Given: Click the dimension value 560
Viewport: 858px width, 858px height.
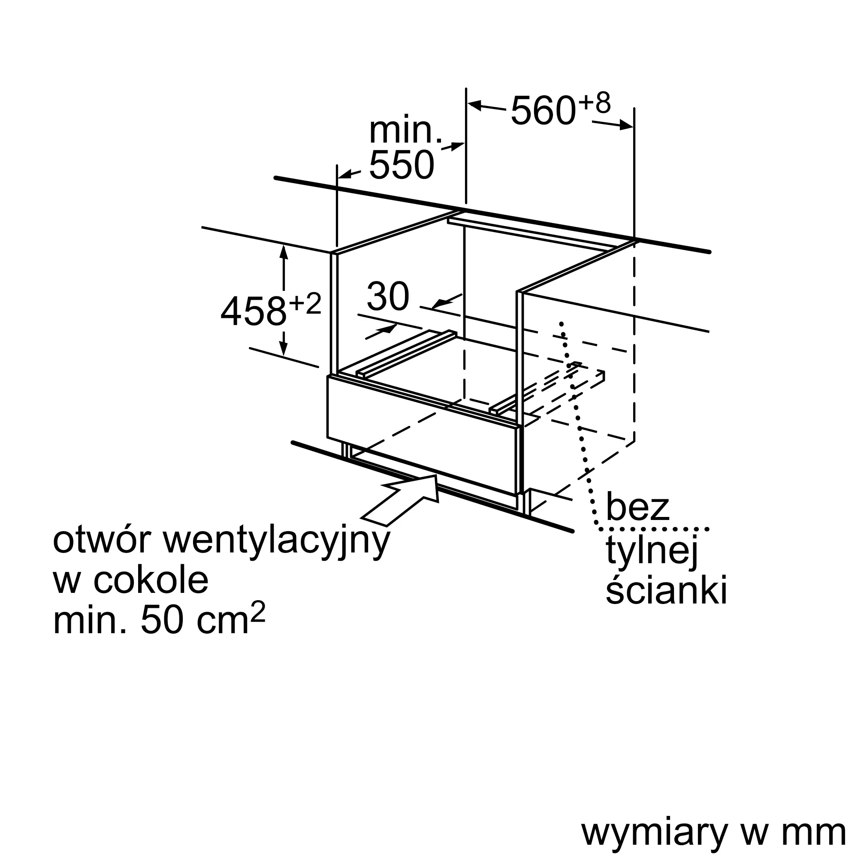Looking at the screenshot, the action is pos(544,110).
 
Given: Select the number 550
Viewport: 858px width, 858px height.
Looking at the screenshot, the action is pos(402,165).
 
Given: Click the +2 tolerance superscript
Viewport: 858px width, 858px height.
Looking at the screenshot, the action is pos(305,304).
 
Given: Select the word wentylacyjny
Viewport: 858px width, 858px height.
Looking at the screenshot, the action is pos(277,543).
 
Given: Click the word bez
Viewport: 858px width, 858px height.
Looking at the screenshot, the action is pos(637,507).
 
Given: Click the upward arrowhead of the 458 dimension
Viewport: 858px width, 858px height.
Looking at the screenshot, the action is pos(284,252).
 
